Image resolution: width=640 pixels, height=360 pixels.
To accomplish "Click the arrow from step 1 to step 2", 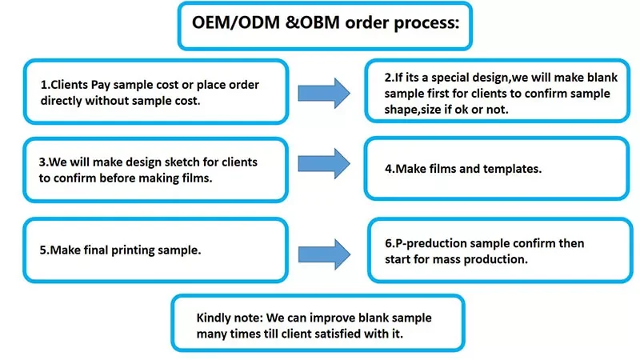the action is point(324,93).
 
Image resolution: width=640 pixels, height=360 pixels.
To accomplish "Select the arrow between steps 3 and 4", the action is point(324,164).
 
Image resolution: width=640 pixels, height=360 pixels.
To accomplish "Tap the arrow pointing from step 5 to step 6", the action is point(324,254).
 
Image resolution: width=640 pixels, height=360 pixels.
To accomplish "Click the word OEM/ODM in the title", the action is point(236,23).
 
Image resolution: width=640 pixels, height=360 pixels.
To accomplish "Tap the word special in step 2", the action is point(451,78).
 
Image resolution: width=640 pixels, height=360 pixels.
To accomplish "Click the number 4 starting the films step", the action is point(388,169).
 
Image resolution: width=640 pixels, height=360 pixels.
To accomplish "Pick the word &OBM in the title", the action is point(312,23).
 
